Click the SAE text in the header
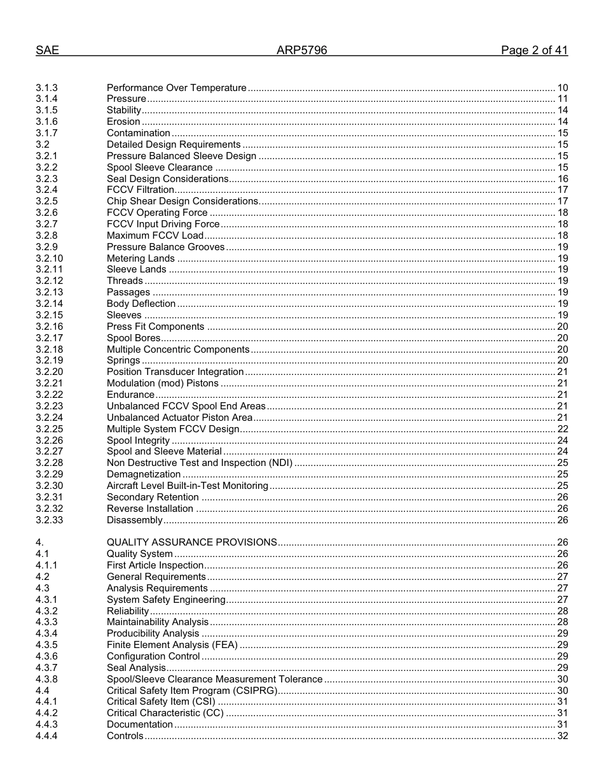pyautogui.click(x=47, y=51)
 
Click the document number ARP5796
pyautogui.click(x=301, y=51)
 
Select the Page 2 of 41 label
pyautogui.click(x=534, y=51)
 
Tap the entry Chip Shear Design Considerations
pyautogui.click(x=182, y=201)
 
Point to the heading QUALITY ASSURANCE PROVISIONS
pyautogui.click(x=191, y=542)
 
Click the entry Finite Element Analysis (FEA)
pyautogui.click(x=172, y=645)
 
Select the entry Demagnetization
pyautogui.click(x=144, y=474)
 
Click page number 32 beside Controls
pyautogui.click(x=562, y=736)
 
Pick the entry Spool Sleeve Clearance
pyautogui.click(x=160, y=167)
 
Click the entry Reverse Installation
pyautogui.click(x=150, y=509)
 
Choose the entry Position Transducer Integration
pyautogui.click(x=175, y=372)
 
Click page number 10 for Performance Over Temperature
pyautogui.click(x=562, y=88)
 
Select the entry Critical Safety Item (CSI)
pyautogui.click(x=161, y=702)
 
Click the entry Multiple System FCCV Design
pyautogui.click(x=173, y=429)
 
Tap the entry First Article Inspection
pyautogui.click(x=155, y=565)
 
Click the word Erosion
pyautogui.click(x=123, y=122)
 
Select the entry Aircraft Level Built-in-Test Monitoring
pyautogui.click(x=188, y=486)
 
